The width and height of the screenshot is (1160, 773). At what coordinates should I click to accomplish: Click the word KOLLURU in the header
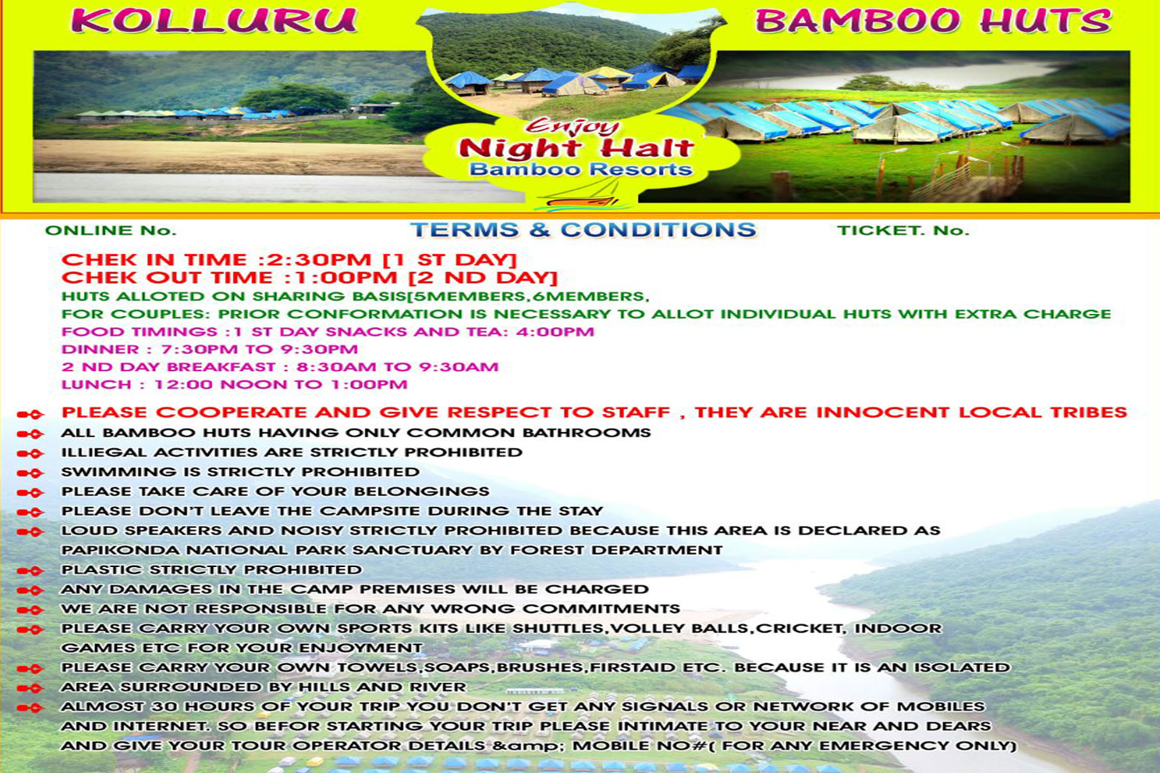tap(214, 21)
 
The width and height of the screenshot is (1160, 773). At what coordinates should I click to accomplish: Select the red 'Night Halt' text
tap(576, 149)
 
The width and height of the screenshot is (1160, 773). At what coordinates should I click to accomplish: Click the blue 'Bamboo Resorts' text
tap(581, 169)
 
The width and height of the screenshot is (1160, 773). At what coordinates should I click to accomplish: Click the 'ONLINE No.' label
tap(111, 231)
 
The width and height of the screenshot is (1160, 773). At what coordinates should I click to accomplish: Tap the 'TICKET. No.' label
tap(903, 231)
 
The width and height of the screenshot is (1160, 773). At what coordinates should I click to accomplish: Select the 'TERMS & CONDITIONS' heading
tap(583, 230)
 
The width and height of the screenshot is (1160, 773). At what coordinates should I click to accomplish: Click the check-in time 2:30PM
tap(320, 260)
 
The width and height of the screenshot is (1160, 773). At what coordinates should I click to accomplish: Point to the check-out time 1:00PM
tap(345, 278)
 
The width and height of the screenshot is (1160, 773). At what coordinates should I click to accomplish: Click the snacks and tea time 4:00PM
tap(555, 331)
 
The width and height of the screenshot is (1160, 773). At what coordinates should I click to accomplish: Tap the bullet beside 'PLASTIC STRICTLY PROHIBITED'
tap(30, 571)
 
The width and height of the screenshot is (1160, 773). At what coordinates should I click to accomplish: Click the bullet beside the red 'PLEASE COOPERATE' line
tap(30, 414)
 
